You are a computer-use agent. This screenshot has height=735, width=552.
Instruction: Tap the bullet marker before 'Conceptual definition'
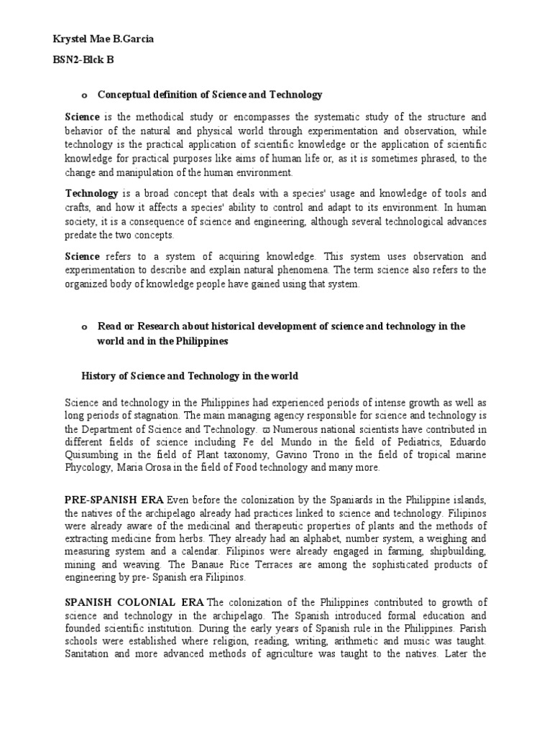(83, 95)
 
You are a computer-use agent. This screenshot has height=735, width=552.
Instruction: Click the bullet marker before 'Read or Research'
(83, 327)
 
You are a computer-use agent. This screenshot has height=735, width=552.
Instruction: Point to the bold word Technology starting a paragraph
(92, 194)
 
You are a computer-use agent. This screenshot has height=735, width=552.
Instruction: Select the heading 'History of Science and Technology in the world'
(190, 376)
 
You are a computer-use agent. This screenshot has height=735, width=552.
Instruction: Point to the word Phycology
(89, 468)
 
